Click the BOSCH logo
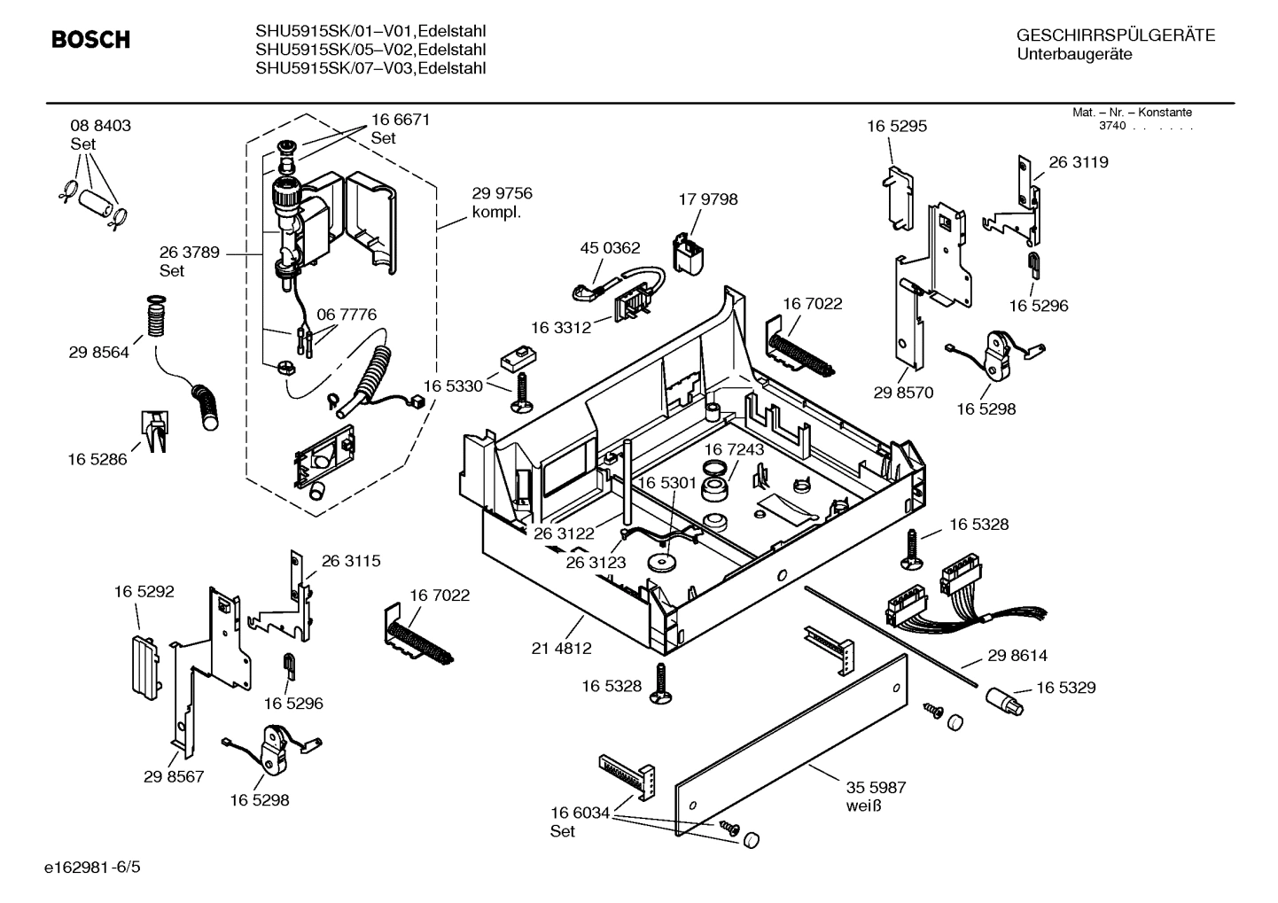coord(90,40)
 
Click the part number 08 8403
coord(100,126)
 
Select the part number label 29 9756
coord(502,194)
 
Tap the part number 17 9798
coord(707,199)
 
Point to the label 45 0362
coord(610,248)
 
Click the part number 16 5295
coord(896,127)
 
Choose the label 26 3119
coord(1078,162)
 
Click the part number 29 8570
coord(902,393)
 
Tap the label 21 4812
coord(561,649)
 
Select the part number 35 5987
coord(876,787)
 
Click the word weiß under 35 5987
coord(863,806)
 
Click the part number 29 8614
coord(1017,656)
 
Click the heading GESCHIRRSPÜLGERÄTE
coord(1115,35)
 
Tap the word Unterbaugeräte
coord(1074,55)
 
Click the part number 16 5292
coord(144,591)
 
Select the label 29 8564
coord(98,353)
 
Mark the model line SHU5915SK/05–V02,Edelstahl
coord(370,50)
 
